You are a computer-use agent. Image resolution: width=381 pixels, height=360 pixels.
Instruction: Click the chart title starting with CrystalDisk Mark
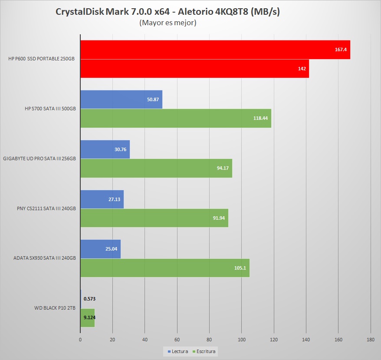168,12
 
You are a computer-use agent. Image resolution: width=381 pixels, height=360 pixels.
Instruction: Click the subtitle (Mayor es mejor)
168,23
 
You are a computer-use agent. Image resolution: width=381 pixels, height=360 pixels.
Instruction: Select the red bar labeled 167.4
215,50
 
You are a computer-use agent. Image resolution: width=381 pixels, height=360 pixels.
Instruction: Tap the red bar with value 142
194,68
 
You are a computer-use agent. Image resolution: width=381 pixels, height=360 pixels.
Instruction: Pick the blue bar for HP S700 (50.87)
121,99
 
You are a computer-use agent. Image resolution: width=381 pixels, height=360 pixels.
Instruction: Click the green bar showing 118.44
175,118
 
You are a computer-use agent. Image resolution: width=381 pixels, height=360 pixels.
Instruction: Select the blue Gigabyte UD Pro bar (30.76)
105,149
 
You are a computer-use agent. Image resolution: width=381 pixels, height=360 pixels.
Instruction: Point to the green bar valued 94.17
156,168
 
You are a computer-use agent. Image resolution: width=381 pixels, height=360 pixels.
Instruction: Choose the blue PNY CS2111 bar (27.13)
102,199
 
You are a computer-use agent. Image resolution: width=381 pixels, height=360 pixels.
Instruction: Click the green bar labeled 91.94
154,218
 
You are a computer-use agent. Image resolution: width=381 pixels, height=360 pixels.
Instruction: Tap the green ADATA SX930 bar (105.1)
164,268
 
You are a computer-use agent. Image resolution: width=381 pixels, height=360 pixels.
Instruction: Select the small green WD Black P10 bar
87,318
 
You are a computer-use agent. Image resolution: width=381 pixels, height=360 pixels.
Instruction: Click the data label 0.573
90,299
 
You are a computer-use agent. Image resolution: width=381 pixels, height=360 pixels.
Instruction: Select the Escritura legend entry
204,351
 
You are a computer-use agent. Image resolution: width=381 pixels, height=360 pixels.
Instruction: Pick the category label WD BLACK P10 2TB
55,308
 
